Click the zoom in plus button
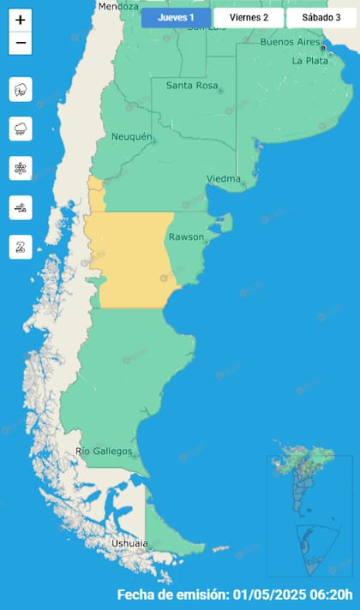[x=21, y=20]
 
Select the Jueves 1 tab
[x=176, y=17]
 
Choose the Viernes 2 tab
[x=248, y=17]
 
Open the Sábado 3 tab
[x=321, y=17]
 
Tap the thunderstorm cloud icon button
[x=21, y=88]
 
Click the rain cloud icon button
[x=21, y=129]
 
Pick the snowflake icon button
[x=21, y=168]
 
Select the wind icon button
[x=21, y=207]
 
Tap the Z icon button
[x=21, y=247]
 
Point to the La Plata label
[x=309, y=61]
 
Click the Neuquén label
[x=131, y=137]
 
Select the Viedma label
[x=223, y=178]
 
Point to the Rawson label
[x=186, y=236]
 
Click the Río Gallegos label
[x=104, y=451]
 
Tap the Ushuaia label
[x=129, y=543]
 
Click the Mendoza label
[x=117, y=6]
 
